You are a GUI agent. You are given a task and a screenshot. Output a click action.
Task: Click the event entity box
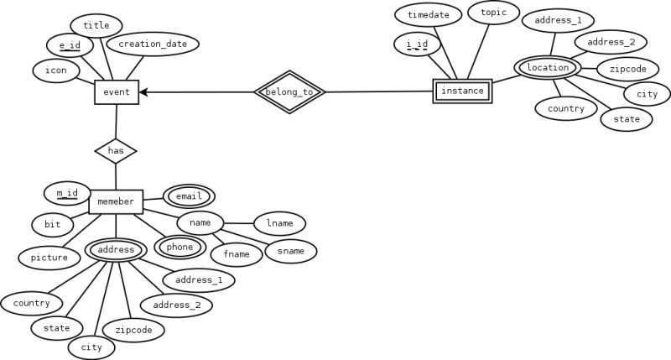[117, 91]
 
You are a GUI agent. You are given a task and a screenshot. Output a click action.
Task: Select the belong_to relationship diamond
[289, 91]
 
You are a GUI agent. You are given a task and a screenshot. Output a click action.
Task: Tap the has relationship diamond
[116, 151]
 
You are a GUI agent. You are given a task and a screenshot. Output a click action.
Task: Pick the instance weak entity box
[462, 91]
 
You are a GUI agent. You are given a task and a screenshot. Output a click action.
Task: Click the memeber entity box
[116, 201]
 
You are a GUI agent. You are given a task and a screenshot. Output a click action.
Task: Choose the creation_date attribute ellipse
[153, 44]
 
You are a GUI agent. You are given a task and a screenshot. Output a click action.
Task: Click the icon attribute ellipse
[56, 70]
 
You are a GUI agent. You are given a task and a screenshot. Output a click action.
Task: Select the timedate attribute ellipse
[428, 15]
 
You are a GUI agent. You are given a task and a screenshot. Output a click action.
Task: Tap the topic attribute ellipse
[493, 13]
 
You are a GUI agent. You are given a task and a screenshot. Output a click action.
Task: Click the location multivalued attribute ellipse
[548, 67]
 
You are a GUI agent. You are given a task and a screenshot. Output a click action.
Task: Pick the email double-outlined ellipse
[189, 196]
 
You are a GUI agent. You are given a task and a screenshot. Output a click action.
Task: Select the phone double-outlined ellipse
[179, 247]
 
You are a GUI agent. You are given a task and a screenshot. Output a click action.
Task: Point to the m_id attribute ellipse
[67, 193]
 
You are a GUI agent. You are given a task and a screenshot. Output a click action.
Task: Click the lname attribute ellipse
[279, 223]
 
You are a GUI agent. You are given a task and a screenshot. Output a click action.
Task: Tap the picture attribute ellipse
[49, 257]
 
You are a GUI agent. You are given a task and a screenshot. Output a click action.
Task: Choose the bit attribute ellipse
[53, 224]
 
